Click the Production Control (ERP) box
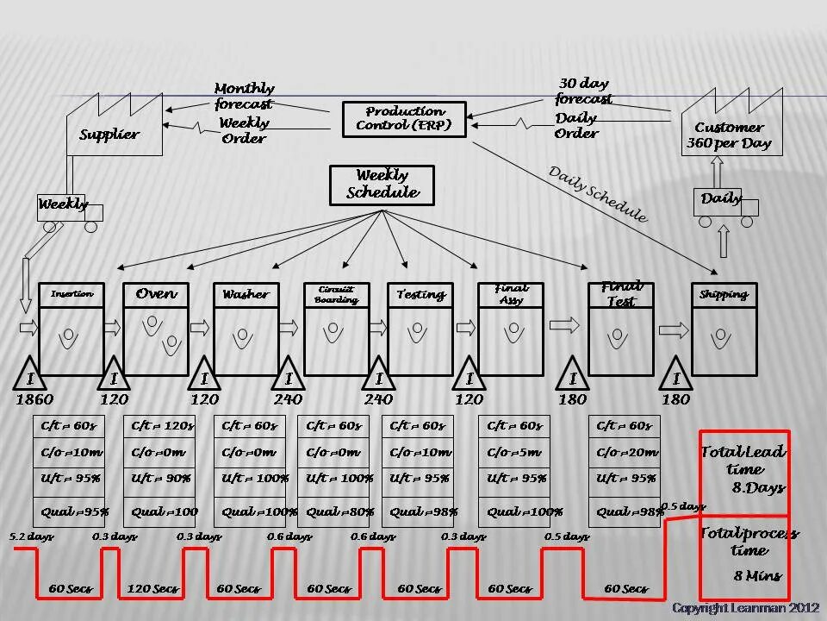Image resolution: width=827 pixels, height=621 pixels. [x=404, y=119]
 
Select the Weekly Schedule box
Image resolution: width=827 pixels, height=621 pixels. [x=382, y=185]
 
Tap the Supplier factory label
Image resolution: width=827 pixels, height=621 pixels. [x=109, y=135]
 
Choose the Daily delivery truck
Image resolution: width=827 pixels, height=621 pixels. [x=724, y=204]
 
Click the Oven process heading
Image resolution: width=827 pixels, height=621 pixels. [x=156, y=294]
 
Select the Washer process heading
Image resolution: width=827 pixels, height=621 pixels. [x=246, y=294]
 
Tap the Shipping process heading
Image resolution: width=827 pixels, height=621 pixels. [x=724, y=294]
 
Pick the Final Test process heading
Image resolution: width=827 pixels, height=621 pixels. [x=621, y=294]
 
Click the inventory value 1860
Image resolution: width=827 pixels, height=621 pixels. [x=34, y=399]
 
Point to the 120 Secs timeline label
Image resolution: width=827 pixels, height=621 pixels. [x=152, y=589]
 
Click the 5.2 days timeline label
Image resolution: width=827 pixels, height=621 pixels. [x=31, y=536]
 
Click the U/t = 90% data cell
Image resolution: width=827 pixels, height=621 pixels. [x=159, y=478]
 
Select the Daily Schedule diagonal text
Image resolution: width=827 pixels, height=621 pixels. [x=598, y=194]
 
